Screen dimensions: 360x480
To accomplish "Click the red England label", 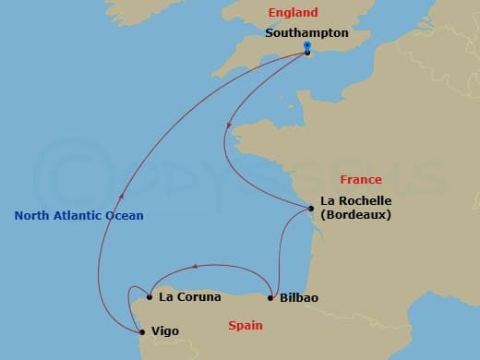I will pyautogui.click(x=292, y=13).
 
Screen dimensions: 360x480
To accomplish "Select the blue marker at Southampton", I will pyautogui.click(x=307, y=45).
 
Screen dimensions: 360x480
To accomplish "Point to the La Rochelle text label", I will pyautogui.click(x=355, y=200).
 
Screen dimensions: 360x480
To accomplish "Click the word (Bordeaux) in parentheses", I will pyautogui.click(x=356, y=215).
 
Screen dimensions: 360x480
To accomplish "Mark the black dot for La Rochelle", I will pyautogui.click(x=312, y=210).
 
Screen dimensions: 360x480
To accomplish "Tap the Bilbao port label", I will pyautogui.click(x=298, y=298).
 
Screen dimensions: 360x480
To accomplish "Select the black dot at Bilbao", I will pyautogui.click(x=270, y=297).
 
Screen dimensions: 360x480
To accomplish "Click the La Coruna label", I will pyautogui.click(x=190, y=297).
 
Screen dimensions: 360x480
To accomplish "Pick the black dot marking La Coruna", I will pyautogui.click(x=149, y=297).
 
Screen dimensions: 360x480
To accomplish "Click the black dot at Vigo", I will pyautogui.click(x=140, y=330).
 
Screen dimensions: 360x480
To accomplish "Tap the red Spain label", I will pyautogui.click(x=246, y=325).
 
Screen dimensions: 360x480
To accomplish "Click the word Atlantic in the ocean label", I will pyautogui.click(x=79, y=216).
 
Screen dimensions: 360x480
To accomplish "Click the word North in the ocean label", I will pyautogui.click(x=31, y=216).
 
